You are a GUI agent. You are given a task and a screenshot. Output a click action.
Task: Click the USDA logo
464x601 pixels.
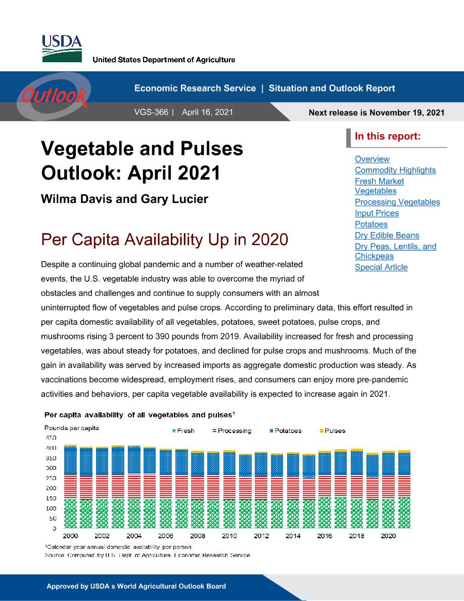click(x=62, y=49)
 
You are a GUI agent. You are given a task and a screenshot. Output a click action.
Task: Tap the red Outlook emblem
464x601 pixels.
click(x=55, y=96)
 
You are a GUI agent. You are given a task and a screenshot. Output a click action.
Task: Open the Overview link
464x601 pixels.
click(x=372, y=159)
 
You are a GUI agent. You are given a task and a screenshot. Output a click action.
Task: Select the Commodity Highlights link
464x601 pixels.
click(x=395, y=170)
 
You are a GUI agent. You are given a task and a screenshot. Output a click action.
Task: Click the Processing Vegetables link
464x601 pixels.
click(x=397, y=202)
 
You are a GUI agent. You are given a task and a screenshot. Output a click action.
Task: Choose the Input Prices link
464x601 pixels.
click(x=377, y=213)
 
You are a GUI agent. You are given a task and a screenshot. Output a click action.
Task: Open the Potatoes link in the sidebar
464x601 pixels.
click(x=372, y=224)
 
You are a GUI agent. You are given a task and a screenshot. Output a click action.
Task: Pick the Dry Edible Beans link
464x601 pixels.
click(x=387, y=235)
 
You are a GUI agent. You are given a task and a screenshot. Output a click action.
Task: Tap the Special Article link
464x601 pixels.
click(x=381, y=267)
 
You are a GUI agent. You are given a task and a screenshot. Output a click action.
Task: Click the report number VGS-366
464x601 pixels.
click(x=151, y=112)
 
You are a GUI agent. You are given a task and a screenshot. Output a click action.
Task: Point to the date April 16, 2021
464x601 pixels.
click(x=208, y=112)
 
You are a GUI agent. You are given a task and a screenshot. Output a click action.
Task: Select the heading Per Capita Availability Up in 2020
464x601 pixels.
click(x=165, y=240)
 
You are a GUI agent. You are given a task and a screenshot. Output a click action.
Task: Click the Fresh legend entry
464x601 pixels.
click(x=183, y=431)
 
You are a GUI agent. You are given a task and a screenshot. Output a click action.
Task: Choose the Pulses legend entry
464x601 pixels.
click(x=333, y=431)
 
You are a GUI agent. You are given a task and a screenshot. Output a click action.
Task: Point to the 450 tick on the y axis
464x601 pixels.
click(x=51, y=438)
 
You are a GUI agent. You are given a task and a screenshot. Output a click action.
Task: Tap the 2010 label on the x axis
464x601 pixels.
click(x=229, y=536)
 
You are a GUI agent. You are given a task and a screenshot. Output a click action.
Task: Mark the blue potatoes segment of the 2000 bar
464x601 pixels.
click(x=70, y=461)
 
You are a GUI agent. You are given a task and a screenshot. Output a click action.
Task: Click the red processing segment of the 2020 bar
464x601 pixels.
click(x=388, y=487)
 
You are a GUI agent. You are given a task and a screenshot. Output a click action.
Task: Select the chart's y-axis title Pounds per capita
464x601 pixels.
click(x=72, y=428)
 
